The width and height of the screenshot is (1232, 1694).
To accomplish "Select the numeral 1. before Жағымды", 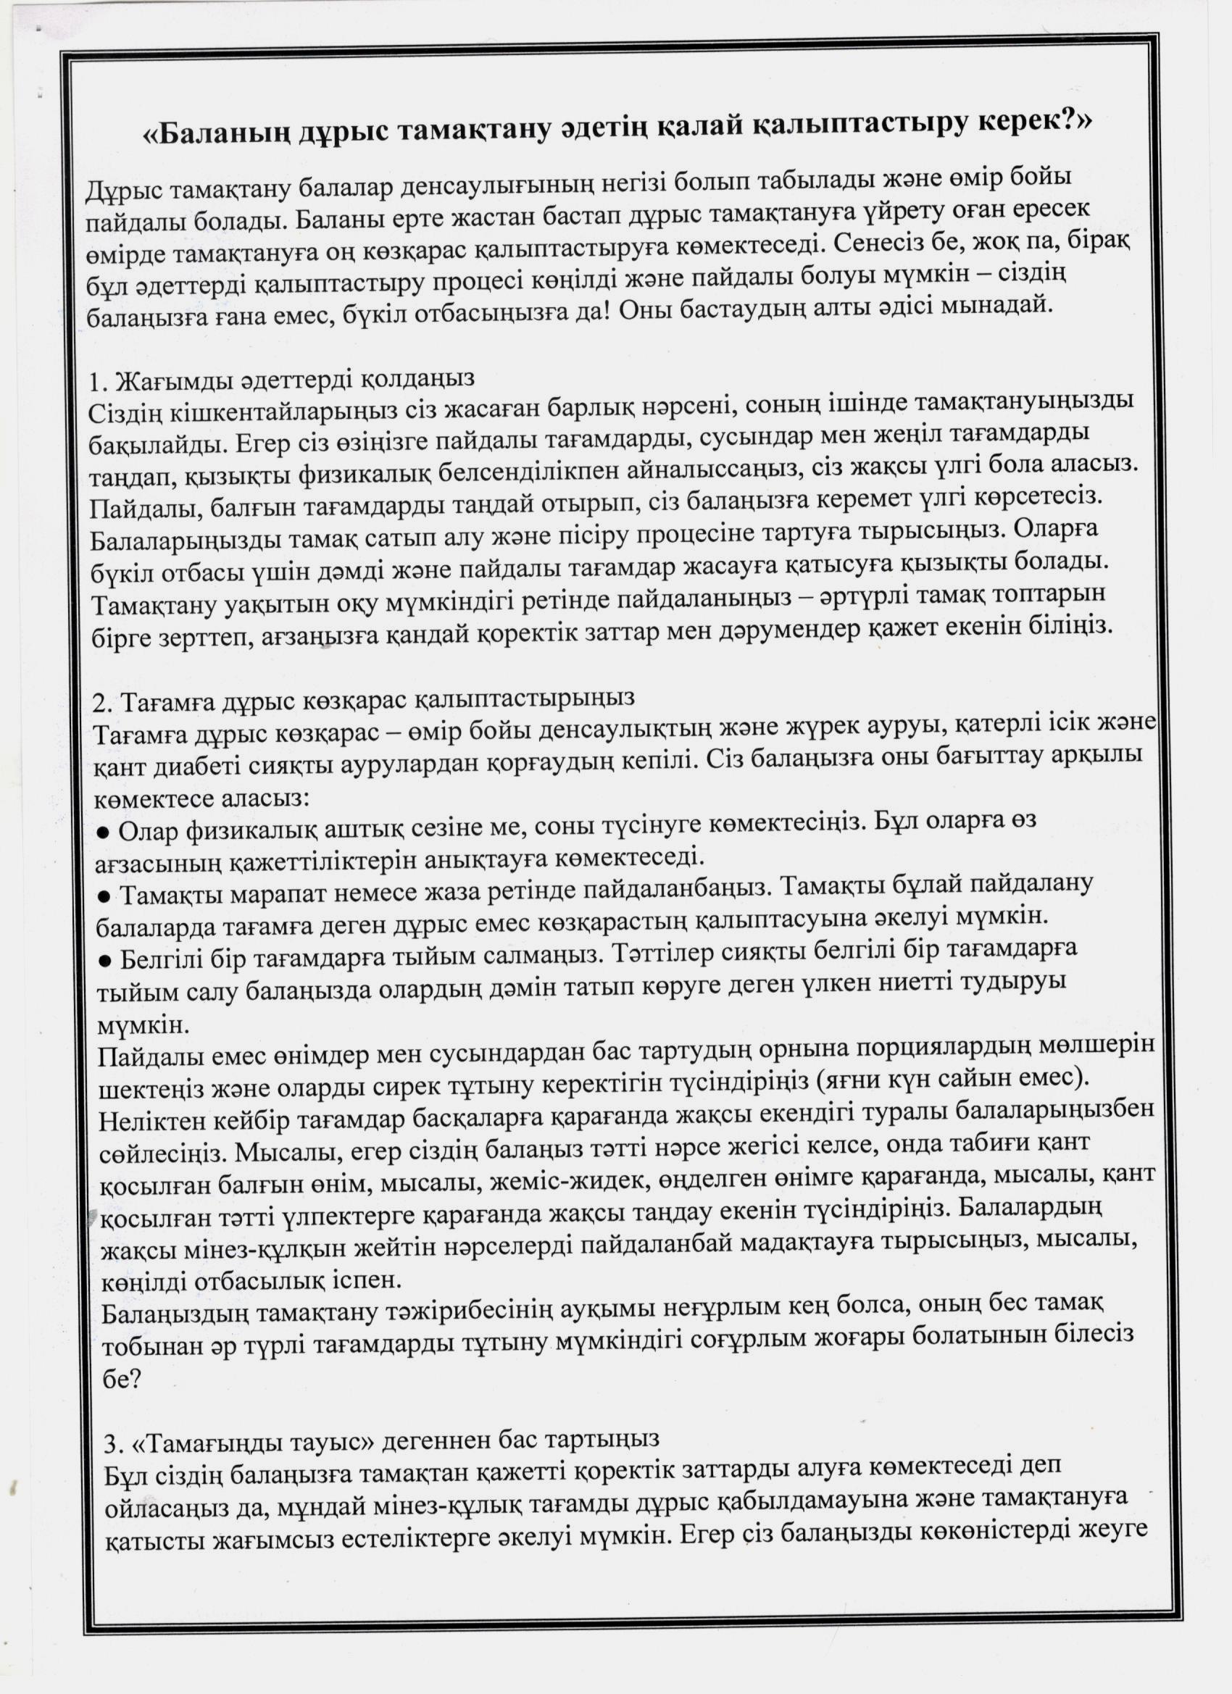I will coord(99,382).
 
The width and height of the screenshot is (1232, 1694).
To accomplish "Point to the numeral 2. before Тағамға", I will coord(102,703).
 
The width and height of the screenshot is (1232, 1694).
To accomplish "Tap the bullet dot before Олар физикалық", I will coord(104,831).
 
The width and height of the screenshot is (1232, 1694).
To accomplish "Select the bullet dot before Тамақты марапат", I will coord(104,896).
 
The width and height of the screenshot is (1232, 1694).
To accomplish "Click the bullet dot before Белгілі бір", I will coord(105,960).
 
